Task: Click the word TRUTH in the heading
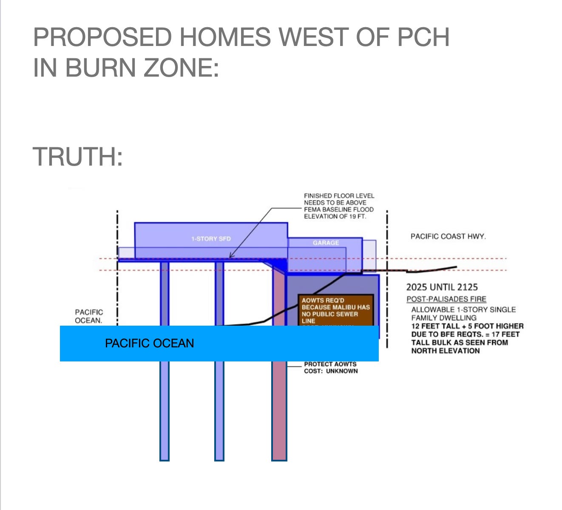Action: (x=77, y=157)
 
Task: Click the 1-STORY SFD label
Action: (x=211, y=239)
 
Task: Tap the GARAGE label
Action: (x=326, y=243)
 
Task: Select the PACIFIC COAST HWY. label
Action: (x=448, y=236)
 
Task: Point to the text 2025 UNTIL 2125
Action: (x=442, y=287)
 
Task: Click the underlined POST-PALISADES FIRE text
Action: (x=446, y=299)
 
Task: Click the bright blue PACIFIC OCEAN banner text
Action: (x=149, y=343)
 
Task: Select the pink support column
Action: (x=279, y=409)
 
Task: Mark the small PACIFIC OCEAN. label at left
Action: (x=89, y=316)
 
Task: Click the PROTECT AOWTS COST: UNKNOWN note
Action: (x=331, y=367)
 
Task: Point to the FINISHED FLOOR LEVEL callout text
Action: (x=339, y=196)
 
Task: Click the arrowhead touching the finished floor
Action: (x=230, y=257)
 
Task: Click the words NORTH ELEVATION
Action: (x=445, y=351)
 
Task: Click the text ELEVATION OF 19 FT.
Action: (x=335, y=216)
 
